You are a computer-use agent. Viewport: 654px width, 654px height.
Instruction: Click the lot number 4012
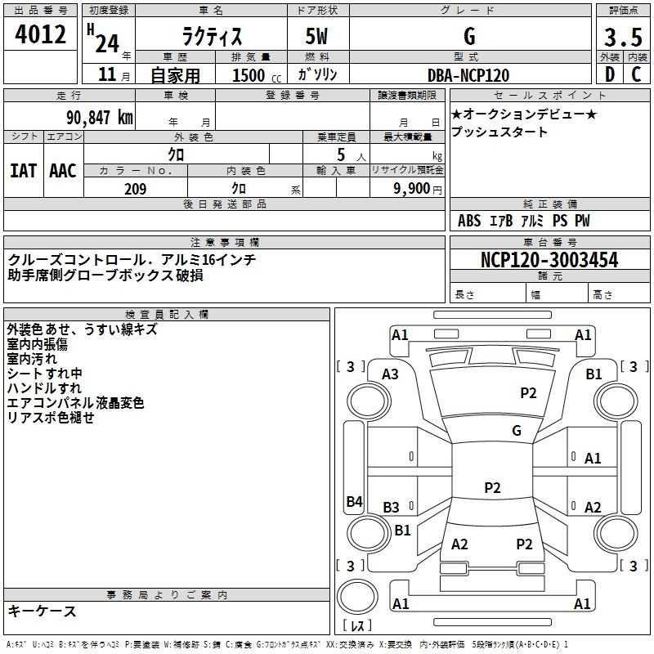coord(41,36)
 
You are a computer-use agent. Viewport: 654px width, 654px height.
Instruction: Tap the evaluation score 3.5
coord(622,38)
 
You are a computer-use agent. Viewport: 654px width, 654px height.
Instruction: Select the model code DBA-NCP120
coord(468,75)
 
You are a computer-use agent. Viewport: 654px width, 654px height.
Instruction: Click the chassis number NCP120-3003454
coord(549,260)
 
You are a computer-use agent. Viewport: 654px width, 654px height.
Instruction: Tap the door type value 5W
coord(319,38)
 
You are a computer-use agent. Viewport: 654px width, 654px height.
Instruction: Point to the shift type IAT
coord(23,171)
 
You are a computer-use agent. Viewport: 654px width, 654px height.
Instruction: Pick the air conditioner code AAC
coord(63,171)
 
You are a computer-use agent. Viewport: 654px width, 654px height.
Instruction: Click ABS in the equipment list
coord(469,221)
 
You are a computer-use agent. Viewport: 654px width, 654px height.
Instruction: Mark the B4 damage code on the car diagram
coord(354,502)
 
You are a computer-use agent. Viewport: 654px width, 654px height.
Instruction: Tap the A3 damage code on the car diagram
coord(391,374)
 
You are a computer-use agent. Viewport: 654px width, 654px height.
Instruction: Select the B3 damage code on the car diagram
coord(392,508)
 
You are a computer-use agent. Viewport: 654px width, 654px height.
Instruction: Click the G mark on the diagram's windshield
coord(516,430)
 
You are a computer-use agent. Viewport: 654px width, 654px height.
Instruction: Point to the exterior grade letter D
coord(609,74)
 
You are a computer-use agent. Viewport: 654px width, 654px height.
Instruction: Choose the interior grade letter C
coord(637,74)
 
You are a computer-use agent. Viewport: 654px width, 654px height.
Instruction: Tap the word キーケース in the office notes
coord(43,611)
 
